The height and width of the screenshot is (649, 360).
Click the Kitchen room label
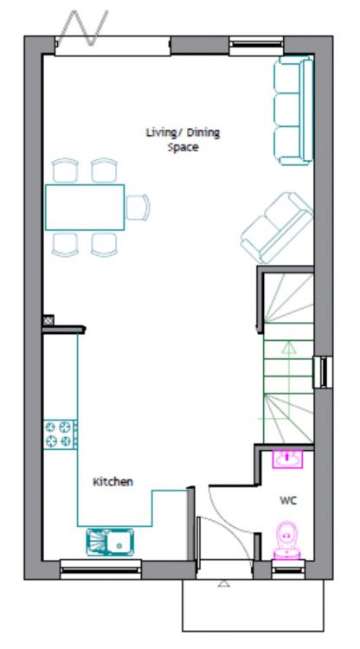(x=112, y=482)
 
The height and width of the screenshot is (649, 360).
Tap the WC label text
(x=288, y=500)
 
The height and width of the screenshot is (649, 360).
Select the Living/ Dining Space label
(x=183, y=140)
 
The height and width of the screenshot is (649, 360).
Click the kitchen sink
(x=110, y=542)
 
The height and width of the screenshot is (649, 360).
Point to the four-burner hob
(x=61, y=434)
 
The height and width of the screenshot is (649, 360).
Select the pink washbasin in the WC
(x=287, y=459)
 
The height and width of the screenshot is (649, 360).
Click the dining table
(x=85, y=208)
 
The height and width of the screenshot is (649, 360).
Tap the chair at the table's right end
(x=138, y=208)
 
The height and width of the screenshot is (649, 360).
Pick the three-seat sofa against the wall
(x=293, y=111)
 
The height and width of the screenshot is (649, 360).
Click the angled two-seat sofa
(x=276, y=228)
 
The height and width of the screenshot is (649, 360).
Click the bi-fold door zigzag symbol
(x=83, y=28)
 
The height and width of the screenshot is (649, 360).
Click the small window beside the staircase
(x=322, y=372)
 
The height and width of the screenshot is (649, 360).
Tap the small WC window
(x=288, y=569)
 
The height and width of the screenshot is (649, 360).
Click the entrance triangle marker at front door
(x=223, y=583)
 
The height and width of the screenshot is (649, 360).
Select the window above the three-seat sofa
(x=256, y=46)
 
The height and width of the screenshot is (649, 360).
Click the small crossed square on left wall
(x=48, y=320)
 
